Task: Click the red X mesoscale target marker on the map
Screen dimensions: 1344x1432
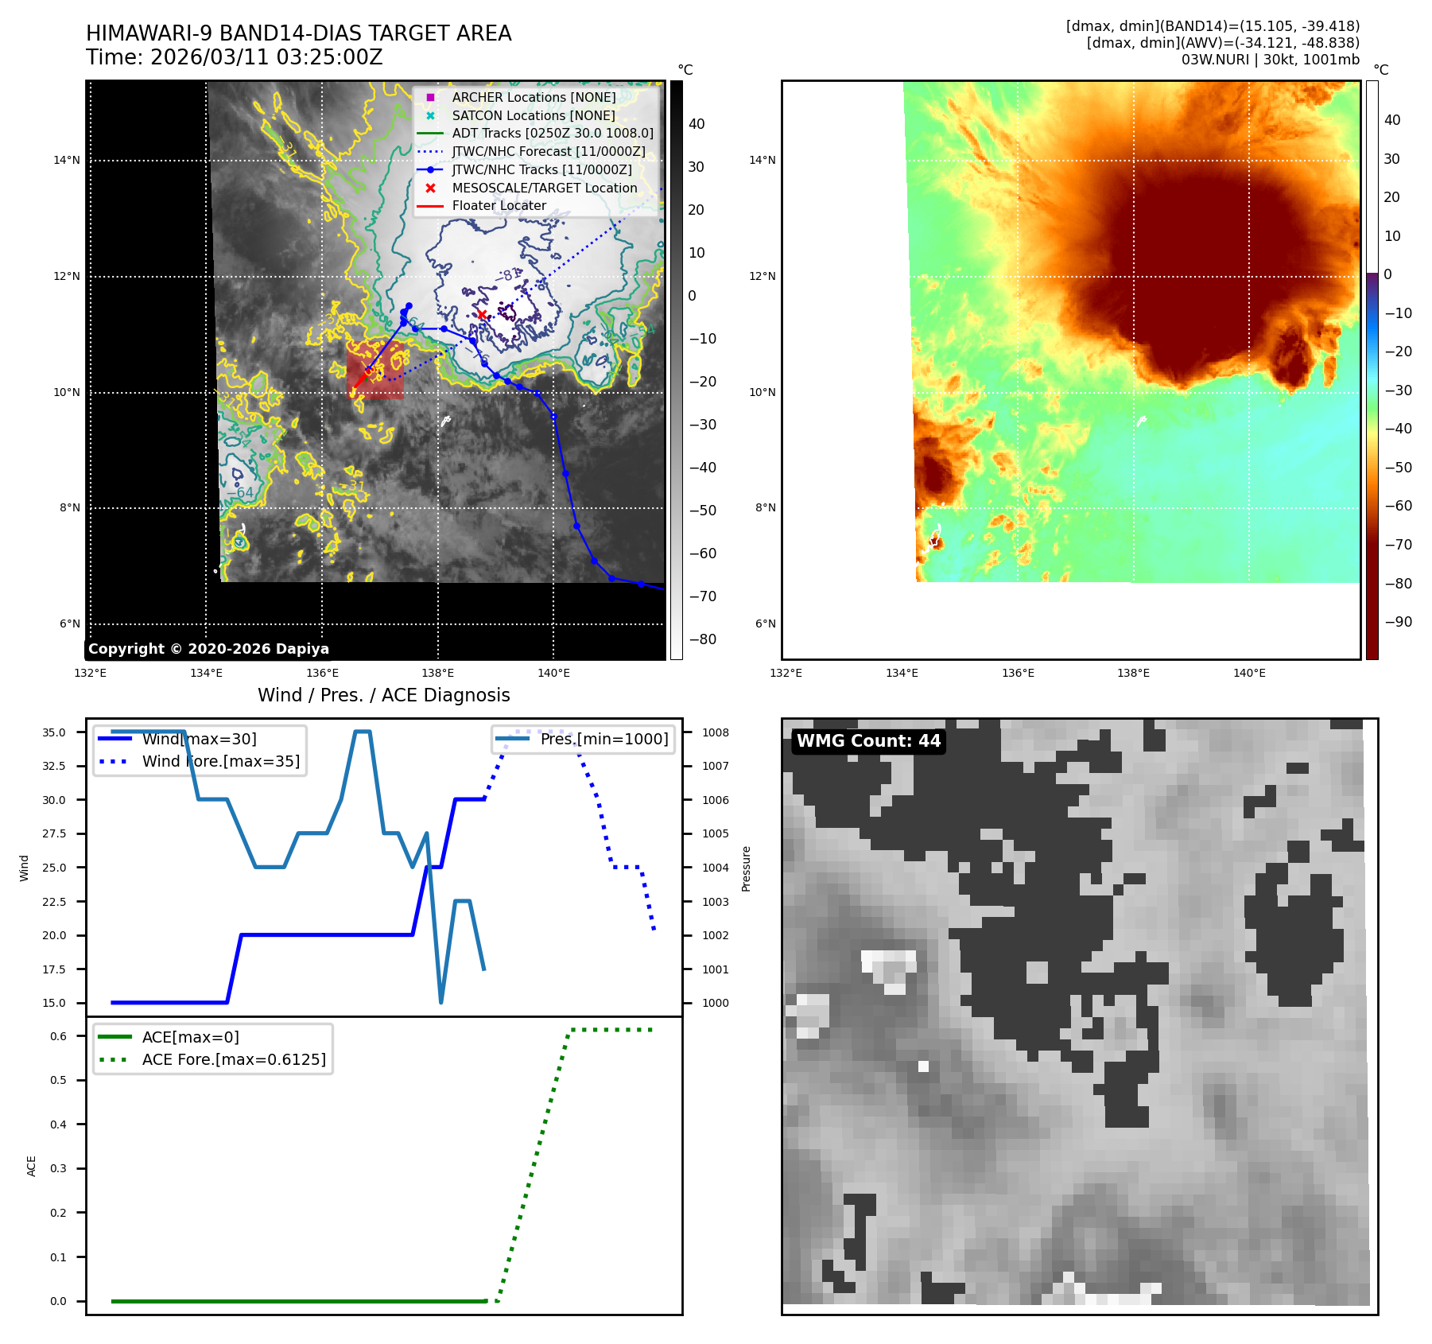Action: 482,315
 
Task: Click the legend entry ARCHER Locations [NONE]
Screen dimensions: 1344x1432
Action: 534,97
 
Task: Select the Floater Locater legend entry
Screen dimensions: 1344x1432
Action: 499,205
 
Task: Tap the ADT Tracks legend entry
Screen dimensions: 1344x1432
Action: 552,133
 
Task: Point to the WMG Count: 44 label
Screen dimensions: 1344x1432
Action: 868,741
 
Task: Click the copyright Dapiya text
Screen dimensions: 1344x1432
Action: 208,649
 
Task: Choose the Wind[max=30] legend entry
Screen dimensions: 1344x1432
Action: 199,739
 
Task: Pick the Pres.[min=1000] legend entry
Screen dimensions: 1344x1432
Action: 603,739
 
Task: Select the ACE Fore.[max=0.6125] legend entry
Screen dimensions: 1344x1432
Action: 233,1059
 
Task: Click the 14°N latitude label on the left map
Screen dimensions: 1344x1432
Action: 67,161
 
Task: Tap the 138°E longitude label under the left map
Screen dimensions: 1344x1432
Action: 437,673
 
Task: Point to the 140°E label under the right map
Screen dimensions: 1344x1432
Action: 1249,673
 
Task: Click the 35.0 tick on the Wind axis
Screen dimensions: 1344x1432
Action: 54,732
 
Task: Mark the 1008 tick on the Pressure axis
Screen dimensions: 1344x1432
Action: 715,732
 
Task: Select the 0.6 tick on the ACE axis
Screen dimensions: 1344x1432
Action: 58,1036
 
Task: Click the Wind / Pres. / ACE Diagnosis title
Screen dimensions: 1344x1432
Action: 383,695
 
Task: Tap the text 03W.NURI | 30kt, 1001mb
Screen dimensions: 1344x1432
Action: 1270,60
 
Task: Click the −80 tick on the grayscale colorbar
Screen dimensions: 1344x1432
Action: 702,639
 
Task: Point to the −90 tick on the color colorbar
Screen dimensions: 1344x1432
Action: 1398,622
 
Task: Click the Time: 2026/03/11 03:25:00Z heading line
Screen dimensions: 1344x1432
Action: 235,57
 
